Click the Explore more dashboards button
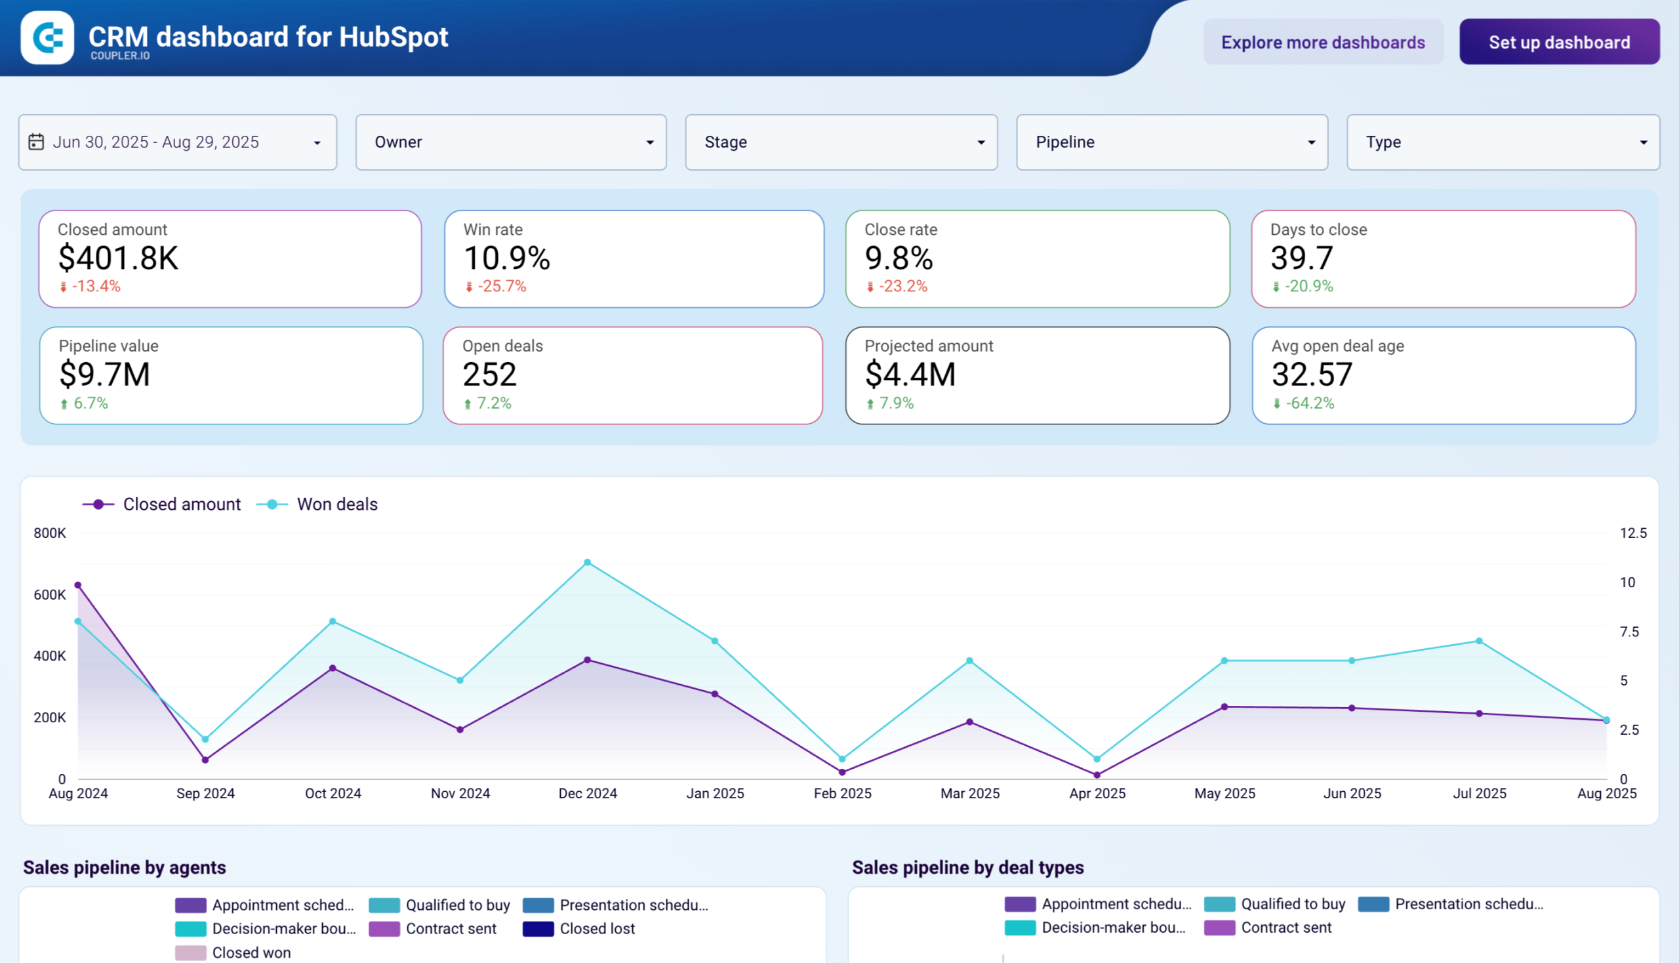click(1323, 42)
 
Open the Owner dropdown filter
click(510, 142)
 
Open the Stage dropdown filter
click(841, 142)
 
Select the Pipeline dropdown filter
click(1171, 142)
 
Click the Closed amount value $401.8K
click(118, 258)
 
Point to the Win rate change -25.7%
click(500, 287)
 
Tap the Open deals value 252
click(489, 375)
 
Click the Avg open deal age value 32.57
click(1311, 375)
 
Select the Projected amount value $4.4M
click(910, 375)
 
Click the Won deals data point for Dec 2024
click(587, 563)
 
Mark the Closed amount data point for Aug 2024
click(78, 585)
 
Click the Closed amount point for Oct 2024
click(333, 668)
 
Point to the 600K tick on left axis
click(50, 594)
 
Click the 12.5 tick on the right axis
click(1632, 533)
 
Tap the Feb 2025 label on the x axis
click(842, 793)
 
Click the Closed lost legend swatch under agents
click(538, 929)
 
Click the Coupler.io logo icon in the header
click(47, 37)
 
